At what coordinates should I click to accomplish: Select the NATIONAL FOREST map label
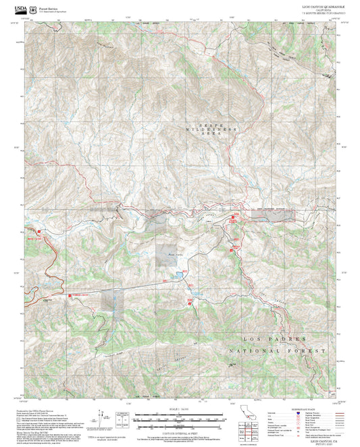(277, 351)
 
